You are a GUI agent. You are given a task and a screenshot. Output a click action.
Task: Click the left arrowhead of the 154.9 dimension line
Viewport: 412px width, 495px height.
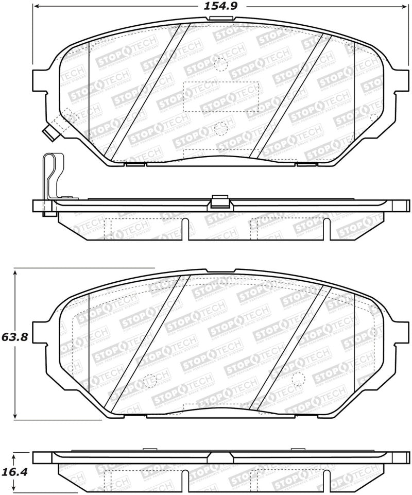point(37,6)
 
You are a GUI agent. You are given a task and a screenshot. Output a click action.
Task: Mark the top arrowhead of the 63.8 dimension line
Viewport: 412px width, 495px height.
point(16,271)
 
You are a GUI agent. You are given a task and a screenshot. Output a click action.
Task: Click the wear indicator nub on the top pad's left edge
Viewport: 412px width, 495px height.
point(50,133)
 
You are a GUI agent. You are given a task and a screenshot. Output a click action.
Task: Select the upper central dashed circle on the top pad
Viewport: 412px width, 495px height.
point(220,64)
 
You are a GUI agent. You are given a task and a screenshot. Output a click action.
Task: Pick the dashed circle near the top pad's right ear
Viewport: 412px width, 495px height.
point(374,117)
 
